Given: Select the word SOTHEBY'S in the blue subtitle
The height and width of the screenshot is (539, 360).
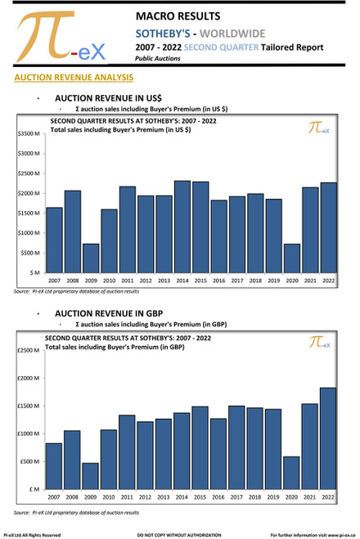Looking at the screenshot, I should (169, 34).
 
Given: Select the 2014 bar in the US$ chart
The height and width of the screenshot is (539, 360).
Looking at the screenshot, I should (182, 227).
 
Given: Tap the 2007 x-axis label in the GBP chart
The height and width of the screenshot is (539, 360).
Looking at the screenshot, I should (55, 497).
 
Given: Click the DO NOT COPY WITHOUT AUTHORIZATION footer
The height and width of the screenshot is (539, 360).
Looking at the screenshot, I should (179, 534).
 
